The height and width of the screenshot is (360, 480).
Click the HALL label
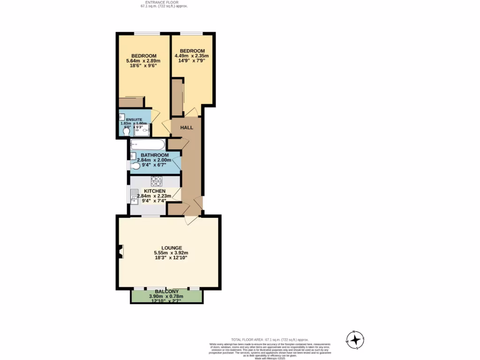click(x=187, y=127)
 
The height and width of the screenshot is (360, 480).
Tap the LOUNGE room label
click(x=172, y=248)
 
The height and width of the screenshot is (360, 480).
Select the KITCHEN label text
click(x=155, y=191)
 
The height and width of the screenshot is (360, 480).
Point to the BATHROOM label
click(x=155, y=155)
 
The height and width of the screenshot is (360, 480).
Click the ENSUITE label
click(x=134, y=120)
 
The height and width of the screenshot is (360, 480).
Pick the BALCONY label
click(x=166, y=292)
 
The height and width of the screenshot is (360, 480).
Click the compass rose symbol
click(x=355, y=339)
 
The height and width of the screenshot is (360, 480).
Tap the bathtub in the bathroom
click(x=148, y=144)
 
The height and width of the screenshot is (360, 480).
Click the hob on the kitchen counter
click(x=156, y=180)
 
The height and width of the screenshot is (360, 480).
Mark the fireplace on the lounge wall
click(x=121, y=252)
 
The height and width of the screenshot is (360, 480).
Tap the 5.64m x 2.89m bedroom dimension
click(x=143, y=61)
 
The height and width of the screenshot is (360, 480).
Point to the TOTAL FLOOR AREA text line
click(x=270, y=339)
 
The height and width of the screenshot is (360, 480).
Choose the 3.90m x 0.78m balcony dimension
click(x=166, y=296)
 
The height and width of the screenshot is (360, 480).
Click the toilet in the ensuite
click(x=126, y=132)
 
